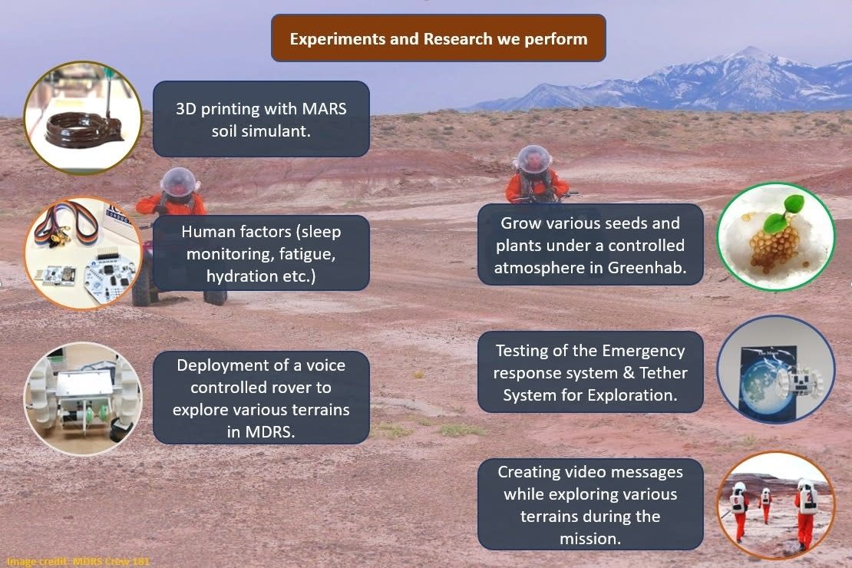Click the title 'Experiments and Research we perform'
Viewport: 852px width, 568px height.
[x=438, y=39]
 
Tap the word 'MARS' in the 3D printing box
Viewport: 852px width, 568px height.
[x=325, y=109]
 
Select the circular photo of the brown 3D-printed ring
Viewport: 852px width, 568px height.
[x=83, y=117]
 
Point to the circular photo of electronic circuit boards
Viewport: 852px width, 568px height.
[x=83, y=253]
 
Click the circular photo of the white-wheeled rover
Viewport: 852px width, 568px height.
[x=83, y=398]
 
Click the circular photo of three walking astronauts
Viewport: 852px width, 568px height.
[x=775, y=506]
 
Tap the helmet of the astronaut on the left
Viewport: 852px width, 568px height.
[x=179, y=181]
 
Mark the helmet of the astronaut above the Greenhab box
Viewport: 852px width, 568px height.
[x=533, y=160]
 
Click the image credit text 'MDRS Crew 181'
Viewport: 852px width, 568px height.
[x=111, y=562]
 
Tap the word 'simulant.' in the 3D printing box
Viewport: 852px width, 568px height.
[x=261, y=131]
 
